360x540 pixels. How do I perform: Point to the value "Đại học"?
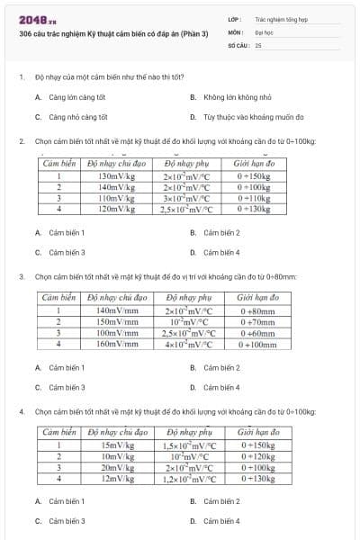click(x=264, y=31)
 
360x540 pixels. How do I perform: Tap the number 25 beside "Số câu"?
click(x=258, y=44)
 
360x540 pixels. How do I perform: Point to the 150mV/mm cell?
click(x=117, y=320)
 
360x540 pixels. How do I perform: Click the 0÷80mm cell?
click(x=257, y=310)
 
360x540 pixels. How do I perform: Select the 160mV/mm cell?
click(x=117, y=343)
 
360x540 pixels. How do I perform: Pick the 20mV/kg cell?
click(x=117, y=467)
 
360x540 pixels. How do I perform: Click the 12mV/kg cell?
click(x=117, y=478)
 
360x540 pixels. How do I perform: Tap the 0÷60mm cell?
click(x=257, y=332)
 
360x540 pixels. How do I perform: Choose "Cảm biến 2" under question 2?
click(x=221, y=232)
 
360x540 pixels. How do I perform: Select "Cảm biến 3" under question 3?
click(x=67, y=387)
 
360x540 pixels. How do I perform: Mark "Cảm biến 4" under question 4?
click(x=221, y=520)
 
